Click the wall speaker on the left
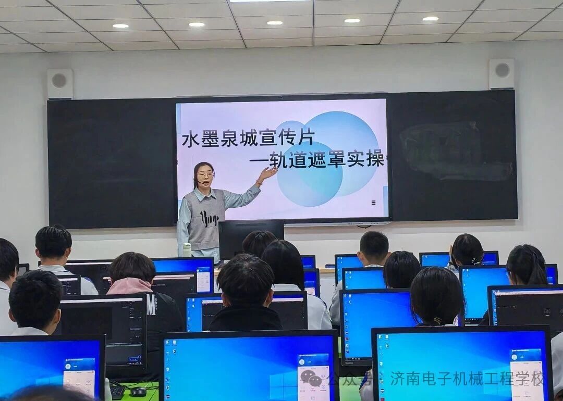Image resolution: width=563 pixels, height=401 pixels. tap(60, 83)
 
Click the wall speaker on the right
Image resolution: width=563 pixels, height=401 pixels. tap(501, 73)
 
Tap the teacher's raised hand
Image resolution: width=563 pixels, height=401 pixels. tap(268, 173)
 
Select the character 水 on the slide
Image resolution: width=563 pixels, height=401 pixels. tap(191, 139)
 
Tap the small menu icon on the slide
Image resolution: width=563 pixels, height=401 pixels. tap(373, 203)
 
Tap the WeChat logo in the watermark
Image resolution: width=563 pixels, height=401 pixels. tap(311, 378)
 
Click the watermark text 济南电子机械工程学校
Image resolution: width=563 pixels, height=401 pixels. tap(467, 379)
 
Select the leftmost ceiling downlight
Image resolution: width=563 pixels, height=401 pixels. tap(120, 26)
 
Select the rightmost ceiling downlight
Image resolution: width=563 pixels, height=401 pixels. tap(430, 19)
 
